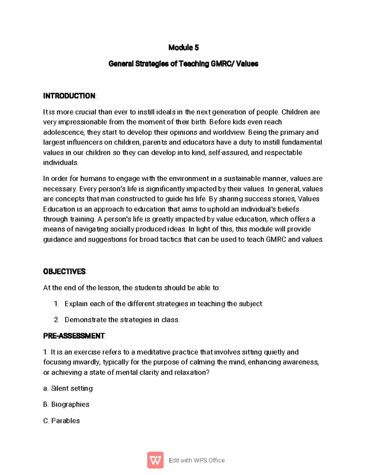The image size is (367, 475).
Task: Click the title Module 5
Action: pos(183,47)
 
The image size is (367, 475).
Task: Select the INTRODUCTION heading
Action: pos(69,96)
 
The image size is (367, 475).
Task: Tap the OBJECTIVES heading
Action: pos(65,272)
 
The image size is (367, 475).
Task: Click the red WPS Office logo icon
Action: pos(155,460)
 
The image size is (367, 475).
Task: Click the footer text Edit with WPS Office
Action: pos(197,460)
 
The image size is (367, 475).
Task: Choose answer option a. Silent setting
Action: pos(68,388)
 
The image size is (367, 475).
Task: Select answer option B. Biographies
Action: pos(66,404)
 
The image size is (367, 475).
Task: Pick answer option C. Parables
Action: pos(61,421)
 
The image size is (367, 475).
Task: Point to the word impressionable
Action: pos(83,122)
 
